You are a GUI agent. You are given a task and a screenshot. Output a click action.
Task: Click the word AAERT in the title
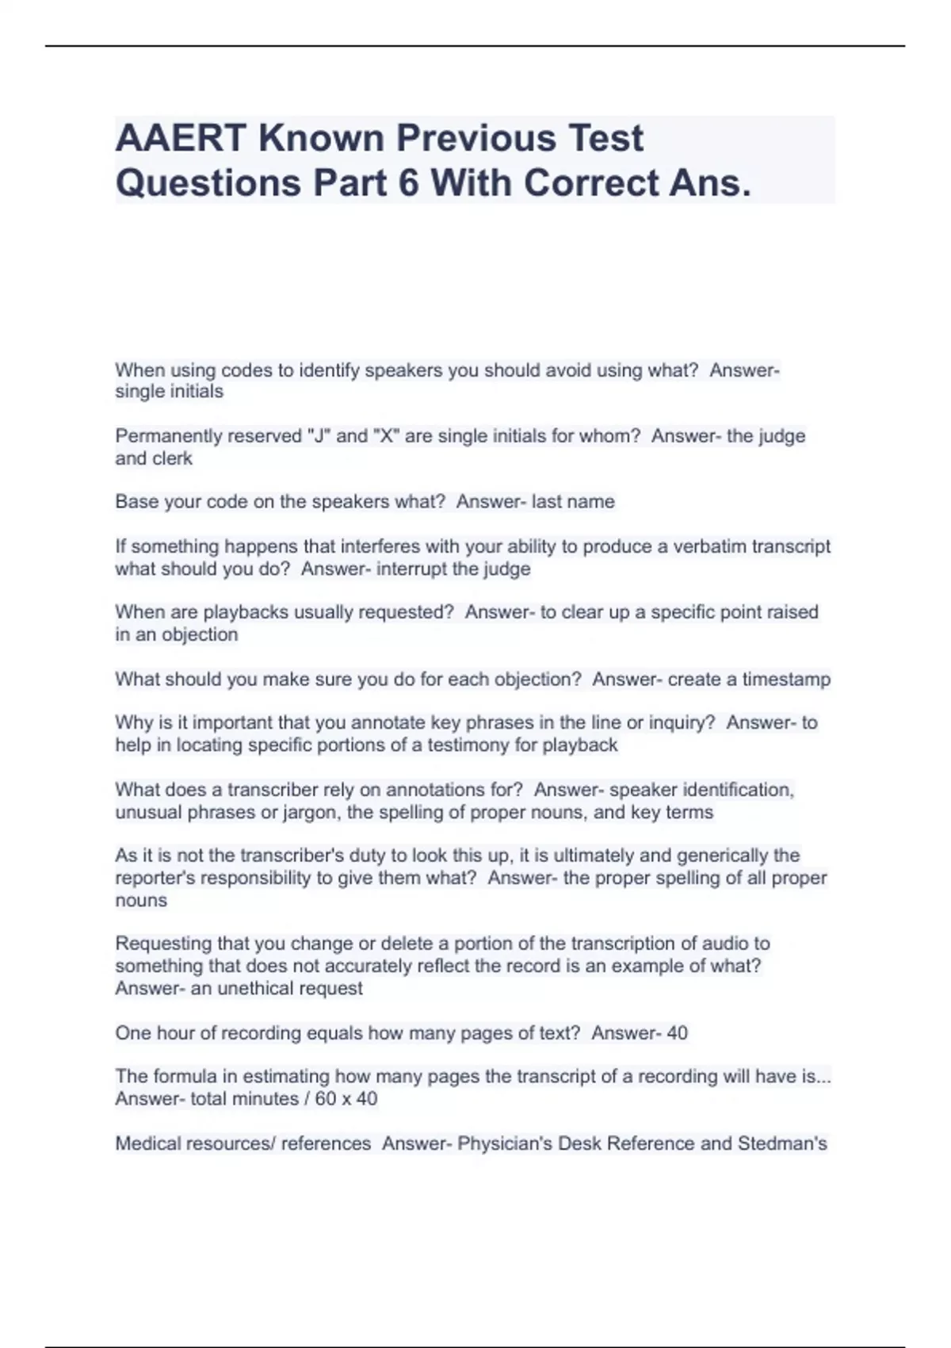click(x=181, y=139)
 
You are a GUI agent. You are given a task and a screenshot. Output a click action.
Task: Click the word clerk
click(x=174, y=458)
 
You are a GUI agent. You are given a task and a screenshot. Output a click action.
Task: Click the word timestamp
click(x=786, y=680)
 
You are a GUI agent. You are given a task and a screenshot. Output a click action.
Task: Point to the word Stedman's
click(x=782, y=1143)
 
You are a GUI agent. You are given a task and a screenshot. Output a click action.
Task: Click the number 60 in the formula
click(x=325, y=1099)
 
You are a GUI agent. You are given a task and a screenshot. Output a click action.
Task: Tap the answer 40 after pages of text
click(x=677, y=1033)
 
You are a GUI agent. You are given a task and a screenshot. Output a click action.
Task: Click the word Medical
click(x=148, y=1143)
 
